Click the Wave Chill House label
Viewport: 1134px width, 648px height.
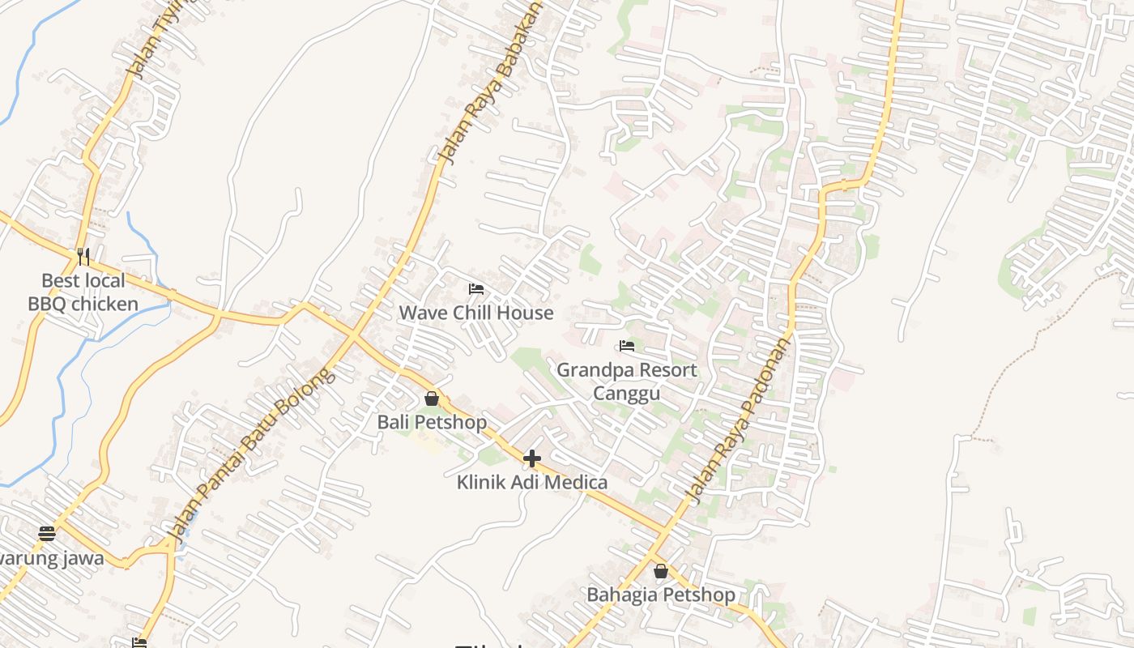pyautogui.click(x=476, y=313)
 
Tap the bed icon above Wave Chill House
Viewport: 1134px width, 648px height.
pyautogui.click(x=476, y=289)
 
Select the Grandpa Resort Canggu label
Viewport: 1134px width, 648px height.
pyautogui.click(x=627, y=382)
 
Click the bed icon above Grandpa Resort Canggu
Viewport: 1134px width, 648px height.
pyautogui.click(x=627, y=347)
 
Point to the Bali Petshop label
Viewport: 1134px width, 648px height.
pyautogui.click(x=432, y=422)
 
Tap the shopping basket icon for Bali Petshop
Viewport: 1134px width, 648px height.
pyautogui.click(x=432, y=399)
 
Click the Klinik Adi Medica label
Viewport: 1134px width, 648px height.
pyautogui.click(x=532, y=483)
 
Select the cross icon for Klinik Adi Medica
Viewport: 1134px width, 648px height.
pyautogui.click(x=532, y=459)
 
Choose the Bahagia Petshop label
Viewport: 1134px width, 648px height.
pyautogui.click(x=661, y=595)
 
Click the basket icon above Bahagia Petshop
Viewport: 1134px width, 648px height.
pyautogui.click(x=661, y=571)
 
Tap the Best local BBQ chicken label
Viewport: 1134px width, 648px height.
pyautogui.click(x=83, y=292)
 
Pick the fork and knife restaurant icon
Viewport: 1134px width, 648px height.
pyautogui.click(x=83, y=257)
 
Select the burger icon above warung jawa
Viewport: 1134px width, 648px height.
pyautogui.click(x=47, y=534)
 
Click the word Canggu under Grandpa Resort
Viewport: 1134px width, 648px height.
pyautogui.click(x=627, y=394)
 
